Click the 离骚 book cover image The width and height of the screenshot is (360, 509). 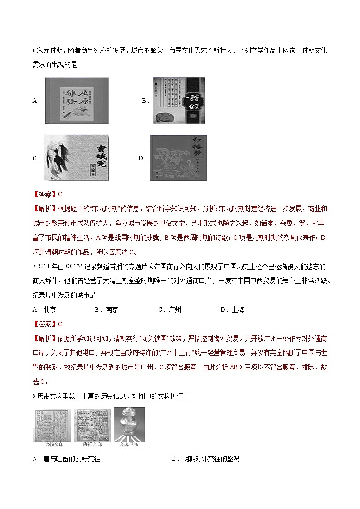pos(77,100)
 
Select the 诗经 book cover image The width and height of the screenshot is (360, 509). pos(179,100)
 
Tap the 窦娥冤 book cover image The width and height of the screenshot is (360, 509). pos(77,157)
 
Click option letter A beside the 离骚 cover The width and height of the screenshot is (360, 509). pos(36,101)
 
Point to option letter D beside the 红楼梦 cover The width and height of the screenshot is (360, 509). pos(142,158)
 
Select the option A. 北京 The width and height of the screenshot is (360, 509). pos(44,310)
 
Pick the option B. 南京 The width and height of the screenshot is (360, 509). pos(107,310)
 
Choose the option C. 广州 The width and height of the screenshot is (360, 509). pos(170,310)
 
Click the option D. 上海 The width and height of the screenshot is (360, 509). pos(232,310)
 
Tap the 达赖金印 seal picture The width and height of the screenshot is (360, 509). pos(51,424)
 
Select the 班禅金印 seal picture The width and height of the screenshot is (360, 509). pos(92,424)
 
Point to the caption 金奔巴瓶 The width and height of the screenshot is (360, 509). pos(129,445)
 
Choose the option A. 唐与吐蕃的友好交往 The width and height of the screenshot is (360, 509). pos(66,459)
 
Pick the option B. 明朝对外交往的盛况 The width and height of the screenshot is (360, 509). pos(205,459)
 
